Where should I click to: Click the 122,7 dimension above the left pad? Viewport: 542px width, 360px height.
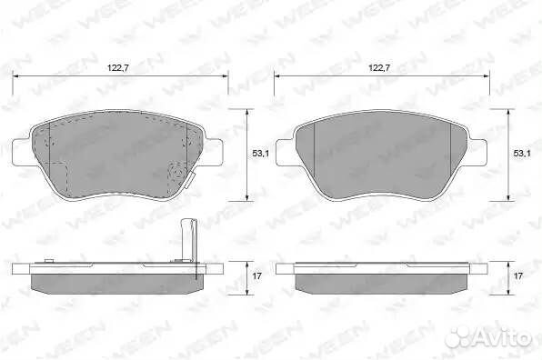118,67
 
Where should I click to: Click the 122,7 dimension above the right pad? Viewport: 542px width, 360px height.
379,67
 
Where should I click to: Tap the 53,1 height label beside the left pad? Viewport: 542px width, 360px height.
260,154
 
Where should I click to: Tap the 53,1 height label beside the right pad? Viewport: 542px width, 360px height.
522,154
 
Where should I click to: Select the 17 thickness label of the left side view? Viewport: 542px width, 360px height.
256,276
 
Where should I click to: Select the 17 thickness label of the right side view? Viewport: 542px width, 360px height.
518,276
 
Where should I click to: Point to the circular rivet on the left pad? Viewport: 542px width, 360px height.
177,173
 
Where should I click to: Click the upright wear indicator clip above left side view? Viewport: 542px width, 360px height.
189,240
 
